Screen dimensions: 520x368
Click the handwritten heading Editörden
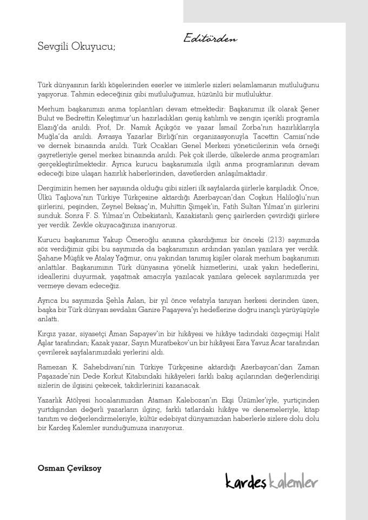coord(210,38)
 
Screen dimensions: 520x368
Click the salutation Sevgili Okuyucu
coord(76,47)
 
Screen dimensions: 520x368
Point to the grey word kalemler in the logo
coord(294,480)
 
